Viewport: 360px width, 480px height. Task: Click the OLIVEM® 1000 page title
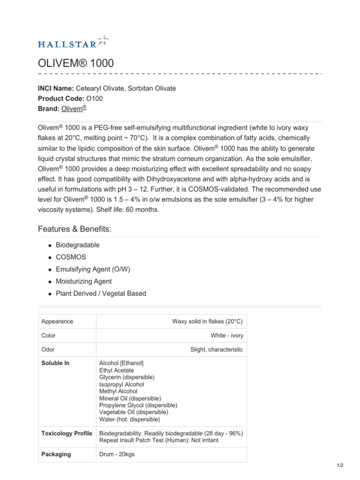pyautogui.click(x=75, y=63)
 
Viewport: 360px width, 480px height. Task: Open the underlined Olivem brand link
pyautogui.click(x=74, y=108)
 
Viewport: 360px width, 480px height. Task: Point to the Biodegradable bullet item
pyautogui.click(x=77, y=245)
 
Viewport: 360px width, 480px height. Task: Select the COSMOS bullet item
pyautogui.click(x=71, y=257)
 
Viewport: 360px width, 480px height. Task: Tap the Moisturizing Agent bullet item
pyautogui.click(x=83, y=281)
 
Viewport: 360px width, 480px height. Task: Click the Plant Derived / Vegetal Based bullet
pyautogui.click(x=101, y=293)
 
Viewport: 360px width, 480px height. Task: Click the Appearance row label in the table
pyautogui.click(x=57, y=322)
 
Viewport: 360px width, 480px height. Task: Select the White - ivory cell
pyautogui.click(x=227, y=336)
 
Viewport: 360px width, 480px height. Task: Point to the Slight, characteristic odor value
pyautogui.click(x=217, y=350)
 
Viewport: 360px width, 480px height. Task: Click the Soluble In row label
pyautogui.click(x=55, y=363)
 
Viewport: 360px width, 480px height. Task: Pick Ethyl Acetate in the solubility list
pyautogui.click(x=116, y=370)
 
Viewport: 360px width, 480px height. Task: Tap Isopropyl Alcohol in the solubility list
pyautogui.click(x=121, y=384)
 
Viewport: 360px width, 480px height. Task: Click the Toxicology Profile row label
pyautogui.click(x=67, y=433)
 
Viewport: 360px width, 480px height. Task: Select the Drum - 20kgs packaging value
pyautogui.click(x=117, y=454)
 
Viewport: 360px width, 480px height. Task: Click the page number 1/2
pyautogui.click(x=340, y=465)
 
